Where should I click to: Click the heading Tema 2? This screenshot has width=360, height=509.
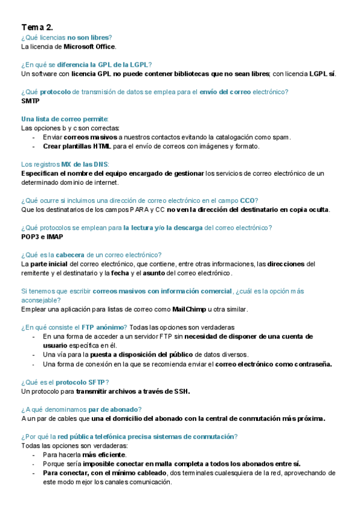click(37, 27)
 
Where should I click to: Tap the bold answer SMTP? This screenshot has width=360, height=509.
click(30, 101)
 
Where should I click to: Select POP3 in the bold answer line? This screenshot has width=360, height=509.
click(30, 236)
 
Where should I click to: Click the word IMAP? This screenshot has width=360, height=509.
click(54, 236)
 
